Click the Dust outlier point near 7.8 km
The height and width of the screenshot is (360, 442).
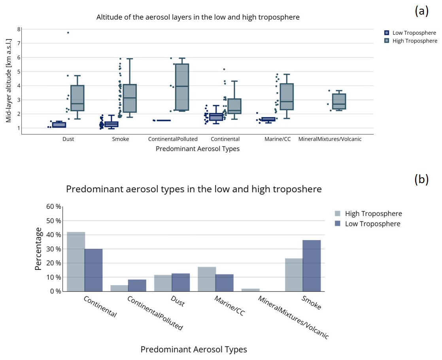tap(68, 32)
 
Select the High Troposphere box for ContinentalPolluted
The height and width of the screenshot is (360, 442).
tap(182, 87)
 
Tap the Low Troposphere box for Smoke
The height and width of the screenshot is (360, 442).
tap(111, 124)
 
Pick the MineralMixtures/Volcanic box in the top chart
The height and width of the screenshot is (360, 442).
tap(339, 101)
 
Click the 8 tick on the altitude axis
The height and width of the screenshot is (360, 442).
tap(19, 29)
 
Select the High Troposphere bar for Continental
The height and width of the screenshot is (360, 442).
tap(76, 261)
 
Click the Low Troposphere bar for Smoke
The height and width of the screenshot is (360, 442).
tap(312, 265)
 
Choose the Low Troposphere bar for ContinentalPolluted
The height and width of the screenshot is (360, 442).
tap(137, 285)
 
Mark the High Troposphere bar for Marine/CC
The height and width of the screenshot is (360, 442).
tap(207, 279)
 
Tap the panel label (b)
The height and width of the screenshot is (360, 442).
tap(421, 179)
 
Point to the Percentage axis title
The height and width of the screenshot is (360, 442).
tap(38, 248)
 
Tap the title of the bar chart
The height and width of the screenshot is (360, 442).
tap(194, 189)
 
